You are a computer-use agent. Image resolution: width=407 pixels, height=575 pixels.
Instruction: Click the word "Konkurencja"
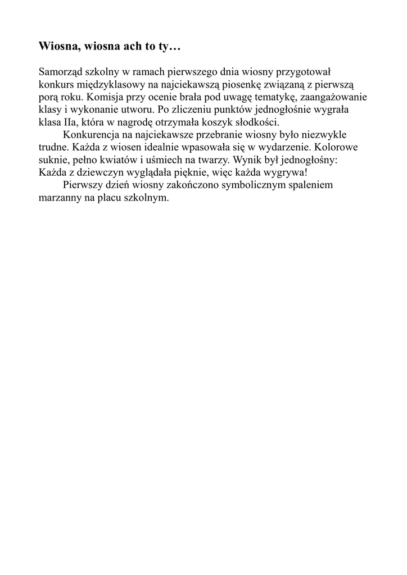coord(93,135)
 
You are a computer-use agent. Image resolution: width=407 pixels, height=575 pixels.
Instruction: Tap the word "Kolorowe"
coord(337,147)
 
